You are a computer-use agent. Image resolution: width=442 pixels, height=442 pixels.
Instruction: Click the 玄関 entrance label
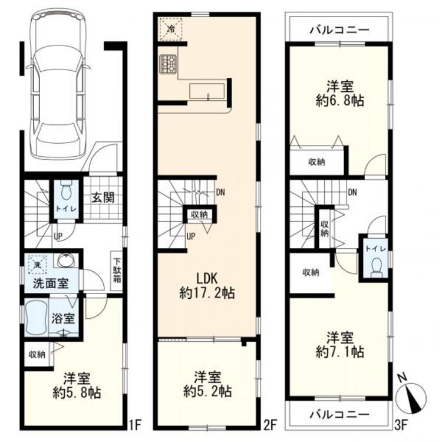(x=103, y=197)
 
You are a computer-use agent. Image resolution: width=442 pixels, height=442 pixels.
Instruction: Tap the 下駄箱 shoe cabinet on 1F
(x=117, y=271)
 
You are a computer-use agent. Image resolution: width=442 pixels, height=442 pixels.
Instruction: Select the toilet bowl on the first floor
(x=67, y=189)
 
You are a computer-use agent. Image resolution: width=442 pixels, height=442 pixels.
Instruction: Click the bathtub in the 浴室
(x=36, y=318)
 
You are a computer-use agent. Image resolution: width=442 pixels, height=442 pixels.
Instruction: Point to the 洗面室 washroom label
(x=51, y=283)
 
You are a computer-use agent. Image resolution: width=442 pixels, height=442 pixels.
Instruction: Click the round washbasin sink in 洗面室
(x=67, y=260)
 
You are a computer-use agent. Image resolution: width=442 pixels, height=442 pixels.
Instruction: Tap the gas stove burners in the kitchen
(x=168, y=65)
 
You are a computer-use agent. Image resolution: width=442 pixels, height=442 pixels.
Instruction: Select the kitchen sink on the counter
(x=207, y=91)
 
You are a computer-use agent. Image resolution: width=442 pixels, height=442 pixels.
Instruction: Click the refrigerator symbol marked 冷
(x=171, y=29)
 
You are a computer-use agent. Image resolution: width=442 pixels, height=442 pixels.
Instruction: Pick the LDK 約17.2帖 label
(x=207, y=286)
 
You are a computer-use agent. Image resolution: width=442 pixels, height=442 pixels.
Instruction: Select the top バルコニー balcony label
(x=339, y=29)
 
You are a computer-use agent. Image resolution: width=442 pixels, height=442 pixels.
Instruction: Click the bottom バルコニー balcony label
(x=339, y=414)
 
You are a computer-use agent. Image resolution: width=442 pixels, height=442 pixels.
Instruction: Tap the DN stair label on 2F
(x=220, y=193)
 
